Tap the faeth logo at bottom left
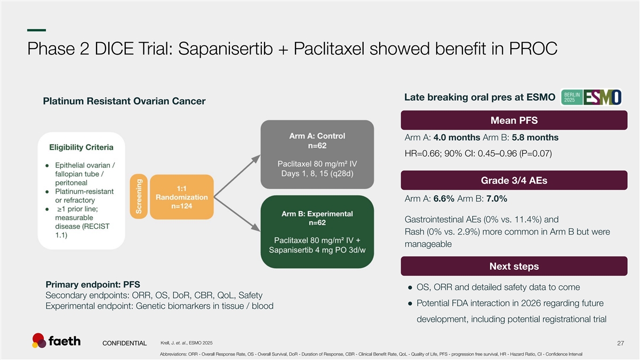(x=56, y=341)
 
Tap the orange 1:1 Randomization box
(x=182, y=197)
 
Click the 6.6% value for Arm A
(x=444, y=199)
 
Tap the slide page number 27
(x=620, y=343)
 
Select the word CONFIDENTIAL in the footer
(x=125, y=343)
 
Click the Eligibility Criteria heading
(x=81, y=147)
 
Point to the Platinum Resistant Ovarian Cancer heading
(x=124, y=101)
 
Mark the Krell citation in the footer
(x=186, y=342)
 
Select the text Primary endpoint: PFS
(x=93, y=284)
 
